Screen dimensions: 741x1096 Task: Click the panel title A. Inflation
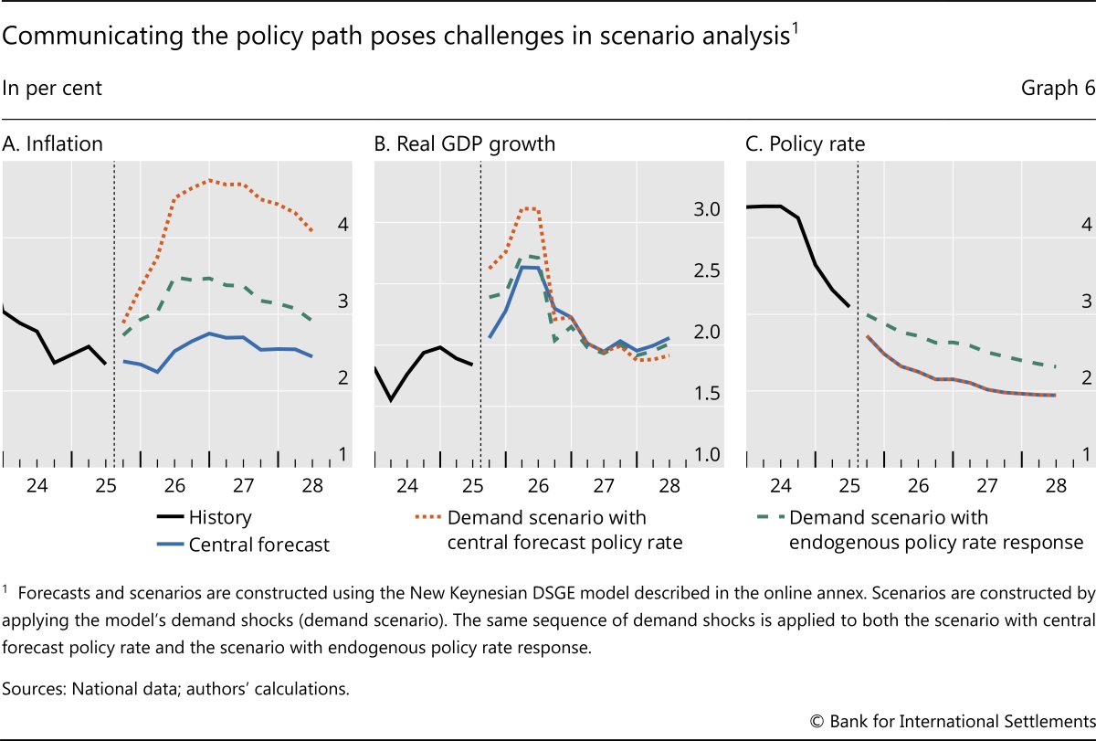point(53,143)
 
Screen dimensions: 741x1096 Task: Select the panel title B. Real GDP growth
point(465,143)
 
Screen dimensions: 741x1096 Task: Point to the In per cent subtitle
point(52,89)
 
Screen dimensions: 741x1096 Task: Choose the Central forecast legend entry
point(258,545)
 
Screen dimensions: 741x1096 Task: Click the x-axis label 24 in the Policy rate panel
point(781,485)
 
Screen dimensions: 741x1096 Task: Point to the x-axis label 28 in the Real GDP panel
point(669,485)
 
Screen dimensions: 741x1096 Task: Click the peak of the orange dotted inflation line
point(209,180)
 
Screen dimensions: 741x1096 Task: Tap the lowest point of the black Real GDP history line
point(392,400)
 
